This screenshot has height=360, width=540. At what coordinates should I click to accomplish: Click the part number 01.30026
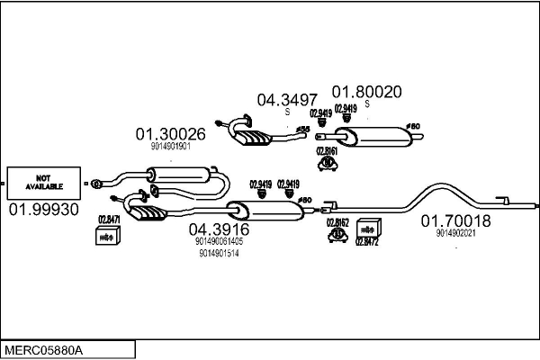171,134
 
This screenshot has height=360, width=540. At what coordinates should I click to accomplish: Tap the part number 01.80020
367,92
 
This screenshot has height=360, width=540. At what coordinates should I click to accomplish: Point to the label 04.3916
219,229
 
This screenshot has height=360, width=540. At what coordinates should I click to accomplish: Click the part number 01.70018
455,220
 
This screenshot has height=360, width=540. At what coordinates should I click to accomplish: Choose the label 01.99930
44,210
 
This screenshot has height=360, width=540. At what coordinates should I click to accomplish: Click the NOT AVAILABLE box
42,183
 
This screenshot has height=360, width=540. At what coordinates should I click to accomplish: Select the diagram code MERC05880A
42,348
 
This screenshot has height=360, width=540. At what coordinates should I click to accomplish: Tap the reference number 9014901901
171,146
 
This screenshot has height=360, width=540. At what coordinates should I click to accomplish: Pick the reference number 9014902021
455,233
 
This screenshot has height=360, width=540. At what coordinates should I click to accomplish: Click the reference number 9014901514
219,254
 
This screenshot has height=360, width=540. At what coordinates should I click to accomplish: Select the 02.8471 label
108,219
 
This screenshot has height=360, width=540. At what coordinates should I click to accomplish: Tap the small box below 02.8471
107,236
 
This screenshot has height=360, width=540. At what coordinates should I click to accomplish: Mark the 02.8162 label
337,222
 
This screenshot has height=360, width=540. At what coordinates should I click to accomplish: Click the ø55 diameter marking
303,130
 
